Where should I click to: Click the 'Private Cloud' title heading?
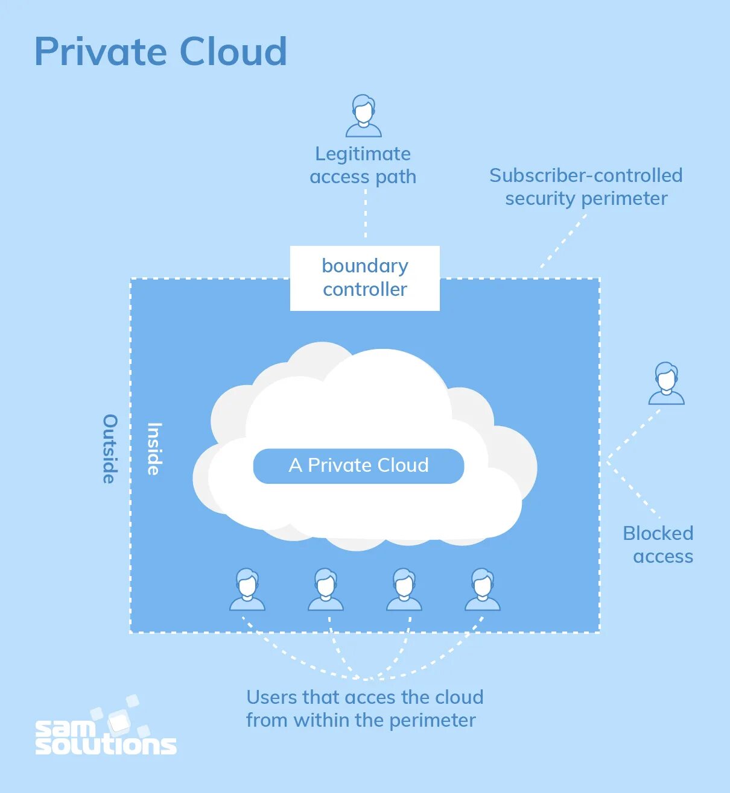160,51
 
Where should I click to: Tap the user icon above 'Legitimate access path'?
363,116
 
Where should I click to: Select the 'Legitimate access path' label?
363,165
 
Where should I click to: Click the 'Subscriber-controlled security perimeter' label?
586,187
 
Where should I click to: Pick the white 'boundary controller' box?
364,278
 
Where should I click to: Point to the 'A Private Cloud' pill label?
358,466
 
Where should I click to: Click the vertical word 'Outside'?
110,448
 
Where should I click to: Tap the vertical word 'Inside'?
154,448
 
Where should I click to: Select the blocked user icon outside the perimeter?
666,383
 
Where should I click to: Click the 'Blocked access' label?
658,545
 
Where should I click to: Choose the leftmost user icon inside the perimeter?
247,589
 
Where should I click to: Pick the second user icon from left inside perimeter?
325,589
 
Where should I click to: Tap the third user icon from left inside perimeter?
404,589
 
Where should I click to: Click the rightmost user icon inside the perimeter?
482,589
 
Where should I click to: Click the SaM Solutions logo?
106,730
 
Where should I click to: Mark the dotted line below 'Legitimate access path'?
366,214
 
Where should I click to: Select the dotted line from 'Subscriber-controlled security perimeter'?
562,243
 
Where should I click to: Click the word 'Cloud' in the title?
233,51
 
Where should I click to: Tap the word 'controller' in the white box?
365,290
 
